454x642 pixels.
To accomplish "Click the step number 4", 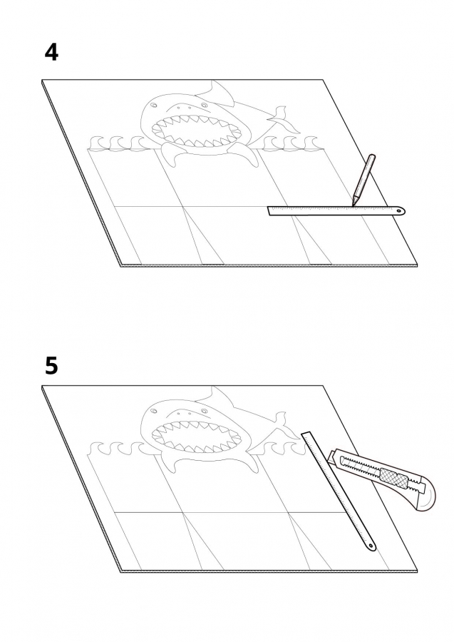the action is click(51, 53).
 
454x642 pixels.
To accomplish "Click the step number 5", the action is click(51, 366).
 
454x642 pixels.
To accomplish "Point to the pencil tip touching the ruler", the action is click(353, 204).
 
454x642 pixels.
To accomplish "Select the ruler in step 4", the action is click(336, 210).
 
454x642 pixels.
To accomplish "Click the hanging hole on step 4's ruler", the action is click(399, 211).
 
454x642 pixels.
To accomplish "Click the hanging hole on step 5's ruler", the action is click(371, 546).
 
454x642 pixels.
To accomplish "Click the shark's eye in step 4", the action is click(154, 106).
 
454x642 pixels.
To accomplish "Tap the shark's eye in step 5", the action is click(154, 412).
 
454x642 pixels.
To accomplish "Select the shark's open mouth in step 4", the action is click(195, 131).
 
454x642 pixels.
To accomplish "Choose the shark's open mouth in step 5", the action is click(195, 437).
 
